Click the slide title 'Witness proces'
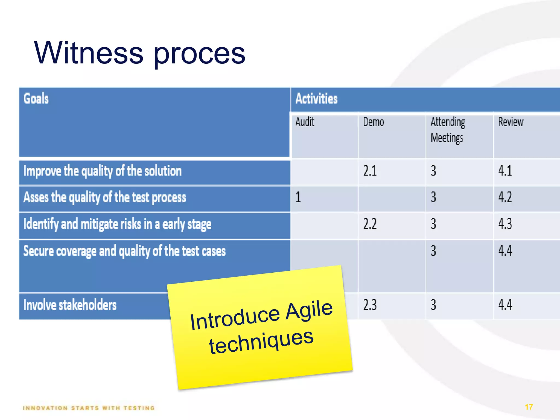click(139, 53)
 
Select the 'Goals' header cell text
click(36, 98)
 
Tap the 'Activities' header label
click(316, 98)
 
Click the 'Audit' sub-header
click(305, 122)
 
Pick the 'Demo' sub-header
click(373, 122)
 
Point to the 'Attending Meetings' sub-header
click(448, 130)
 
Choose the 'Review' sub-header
click(511, 122)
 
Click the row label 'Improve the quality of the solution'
click(103, 171)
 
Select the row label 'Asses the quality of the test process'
click(105, 197)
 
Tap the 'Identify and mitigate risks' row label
click(117, 224)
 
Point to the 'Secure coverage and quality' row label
click(124, 251)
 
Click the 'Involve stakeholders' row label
click(70, 305)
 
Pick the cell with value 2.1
click(370, 171)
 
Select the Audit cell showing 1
click(298, 197)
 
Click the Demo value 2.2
click(370, 224)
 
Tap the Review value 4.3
click(505, 224)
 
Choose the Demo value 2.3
click(370, 305)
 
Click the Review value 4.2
click(505, 197)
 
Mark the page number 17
click(529, 407)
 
